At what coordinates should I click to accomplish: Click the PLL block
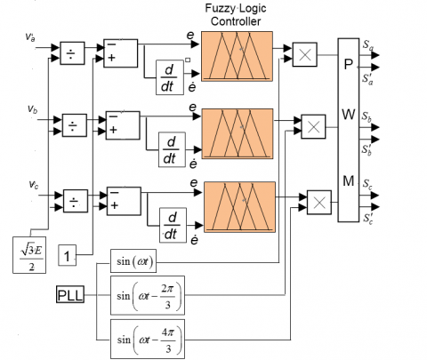(x=70, y=294)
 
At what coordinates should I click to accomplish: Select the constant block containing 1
(x=68, y=255)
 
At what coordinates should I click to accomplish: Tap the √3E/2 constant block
(x=29, y=255)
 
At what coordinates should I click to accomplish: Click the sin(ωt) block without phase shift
(x=133, y=261)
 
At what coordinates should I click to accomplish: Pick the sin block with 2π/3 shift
(x=148, y=295)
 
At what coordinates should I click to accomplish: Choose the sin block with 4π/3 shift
(x=148, y=339)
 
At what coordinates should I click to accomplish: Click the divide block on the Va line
(x=72, y=53)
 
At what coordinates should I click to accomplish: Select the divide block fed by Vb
(x=75, y=125)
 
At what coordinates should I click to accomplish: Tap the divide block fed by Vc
(x=76, y=201)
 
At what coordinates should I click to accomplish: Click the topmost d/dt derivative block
(x=170, y=77)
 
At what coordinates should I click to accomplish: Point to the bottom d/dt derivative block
(x=173, y=225)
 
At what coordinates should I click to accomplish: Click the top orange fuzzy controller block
(x=237, y=56)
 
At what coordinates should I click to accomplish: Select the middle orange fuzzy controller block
(x=238, y=133)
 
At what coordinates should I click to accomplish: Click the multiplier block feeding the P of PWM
(x=305, y=54)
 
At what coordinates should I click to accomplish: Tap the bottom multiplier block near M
(x=319, y=203)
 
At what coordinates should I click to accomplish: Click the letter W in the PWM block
(x=349, y=115)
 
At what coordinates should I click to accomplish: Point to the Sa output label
(x=368, y=45)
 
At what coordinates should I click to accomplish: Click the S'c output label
(x=368, y=218)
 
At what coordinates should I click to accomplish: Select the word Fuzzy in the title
(x=220, y=8)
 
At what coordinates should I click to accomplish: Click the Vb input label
(x=33, y=109)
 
